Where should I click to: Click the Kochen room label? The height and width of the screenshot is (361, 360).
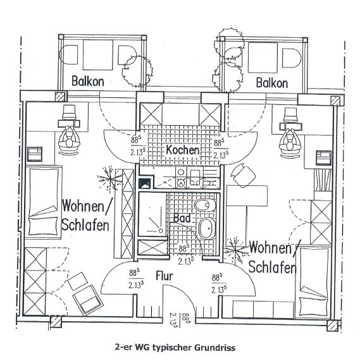182,150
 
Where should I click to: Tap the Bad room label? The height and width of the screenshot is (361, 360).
182,218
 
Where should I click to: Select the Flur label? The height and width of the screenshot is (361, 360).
164,276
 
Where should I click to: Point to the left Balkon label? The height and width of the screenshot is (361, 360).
88,81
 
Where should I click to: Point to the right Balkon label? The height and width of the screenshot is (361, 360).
272,83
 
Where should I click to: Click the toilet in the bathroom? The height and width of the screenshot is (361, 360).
205,205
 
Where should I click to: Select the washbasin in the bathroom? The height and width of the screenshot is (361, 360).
207,229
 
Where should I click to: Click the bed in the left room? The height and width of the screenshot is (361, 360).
43,202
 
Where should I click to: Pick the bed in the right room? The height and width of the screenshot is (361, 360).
314,282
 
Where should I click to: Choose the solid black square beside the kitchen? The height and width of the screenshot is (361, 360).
145,183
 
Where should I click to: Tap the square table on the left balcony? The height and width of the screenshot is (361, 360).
98,55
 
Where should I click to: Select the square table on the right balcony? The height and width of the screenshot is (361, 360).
263,58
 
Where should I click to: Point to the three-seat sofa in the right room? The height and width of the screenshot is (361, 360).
263,309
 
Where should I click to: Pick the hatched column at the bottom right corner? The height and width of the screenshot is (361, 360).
332,326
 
